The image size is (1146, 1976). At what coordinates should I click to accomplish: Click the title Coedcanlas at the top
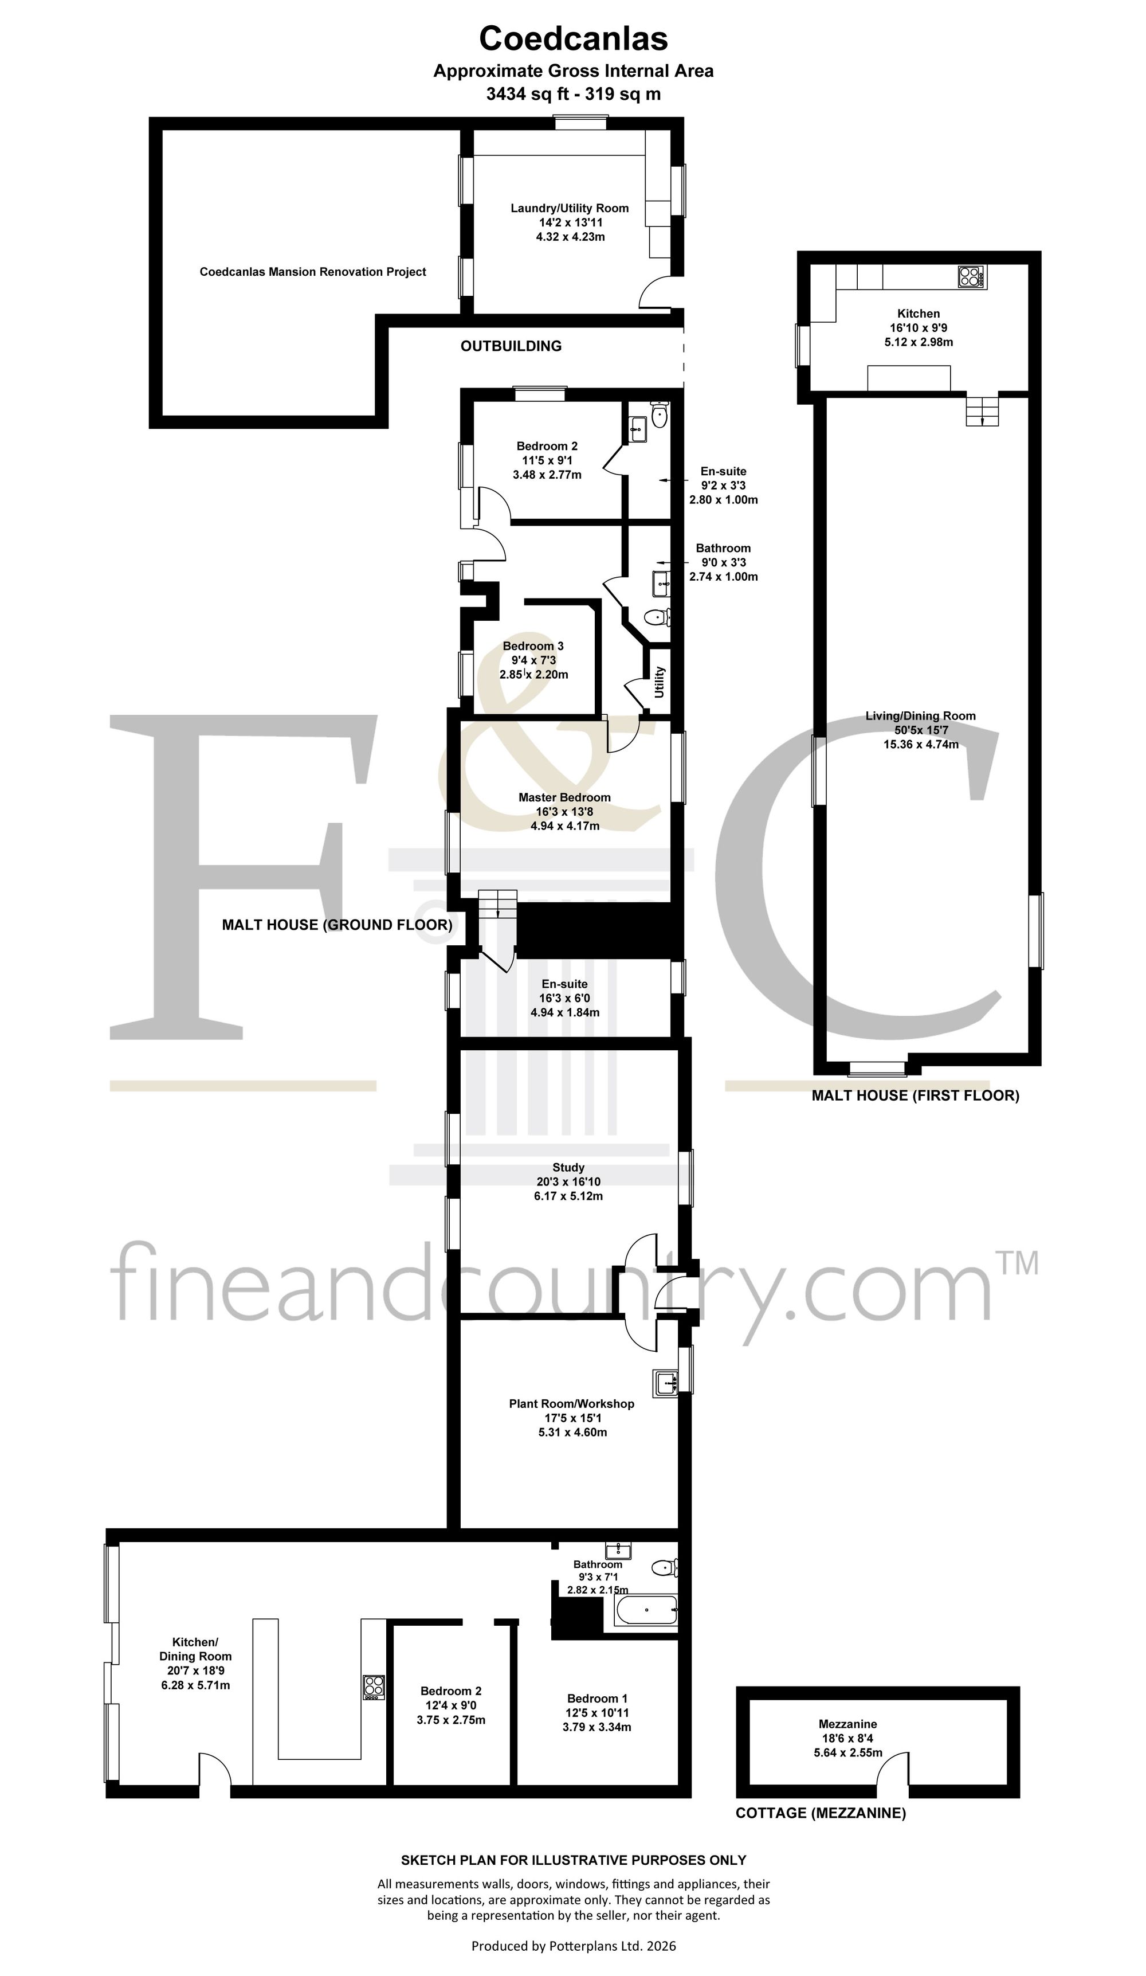click(573, 38)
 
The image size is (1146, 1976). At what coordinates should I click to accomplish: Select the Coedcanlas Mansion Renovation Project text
click(313, 272)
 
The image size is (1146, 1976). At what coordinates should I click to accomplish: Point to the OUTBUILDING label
click(511, 346)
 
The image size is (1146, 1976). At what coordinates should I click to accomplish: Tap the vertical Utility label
click(659, 682)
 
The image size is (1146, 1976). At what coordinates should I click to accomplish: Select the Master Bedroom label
click(564, 797)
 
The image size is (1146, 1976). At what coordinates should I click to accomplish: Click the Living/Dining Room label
click(920, 716)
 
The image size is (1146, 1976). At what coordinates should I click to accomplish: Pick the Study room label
click(568, 1168)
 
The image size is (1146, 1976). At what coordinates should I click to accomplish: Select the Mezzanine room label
click(847, 1724)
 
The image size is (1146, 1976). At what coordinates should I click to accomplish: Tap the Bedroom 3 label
click(533, 646)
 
